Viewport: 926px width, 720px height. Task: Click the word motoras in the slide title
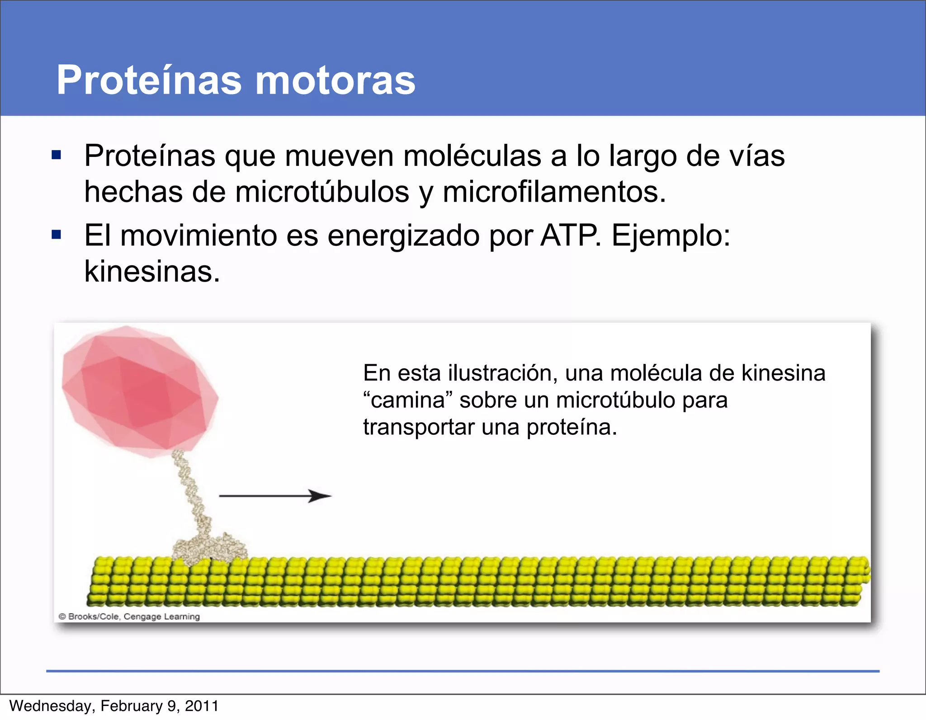point(335,80)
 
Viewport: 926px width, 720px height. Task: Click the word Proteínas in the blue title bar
point(149,80)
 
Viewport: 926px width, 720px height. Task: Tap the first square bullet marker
point(57,155)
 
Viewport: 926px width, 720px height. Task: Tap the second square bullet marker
point(57,235)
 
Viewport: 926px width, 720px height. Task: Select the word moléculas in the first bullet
point(472,156)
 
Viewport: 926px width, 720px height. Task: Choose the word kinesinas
point(152,272)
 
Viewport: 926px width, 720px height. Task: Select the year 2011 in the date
point(202,706)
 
